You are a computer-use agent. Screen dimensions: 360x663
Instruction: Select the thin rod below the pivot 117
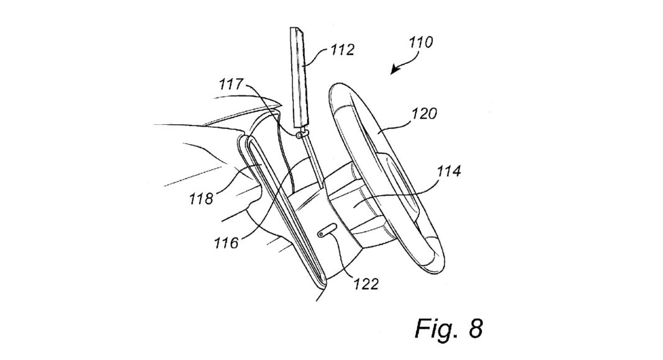click(x=312, y=161)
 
